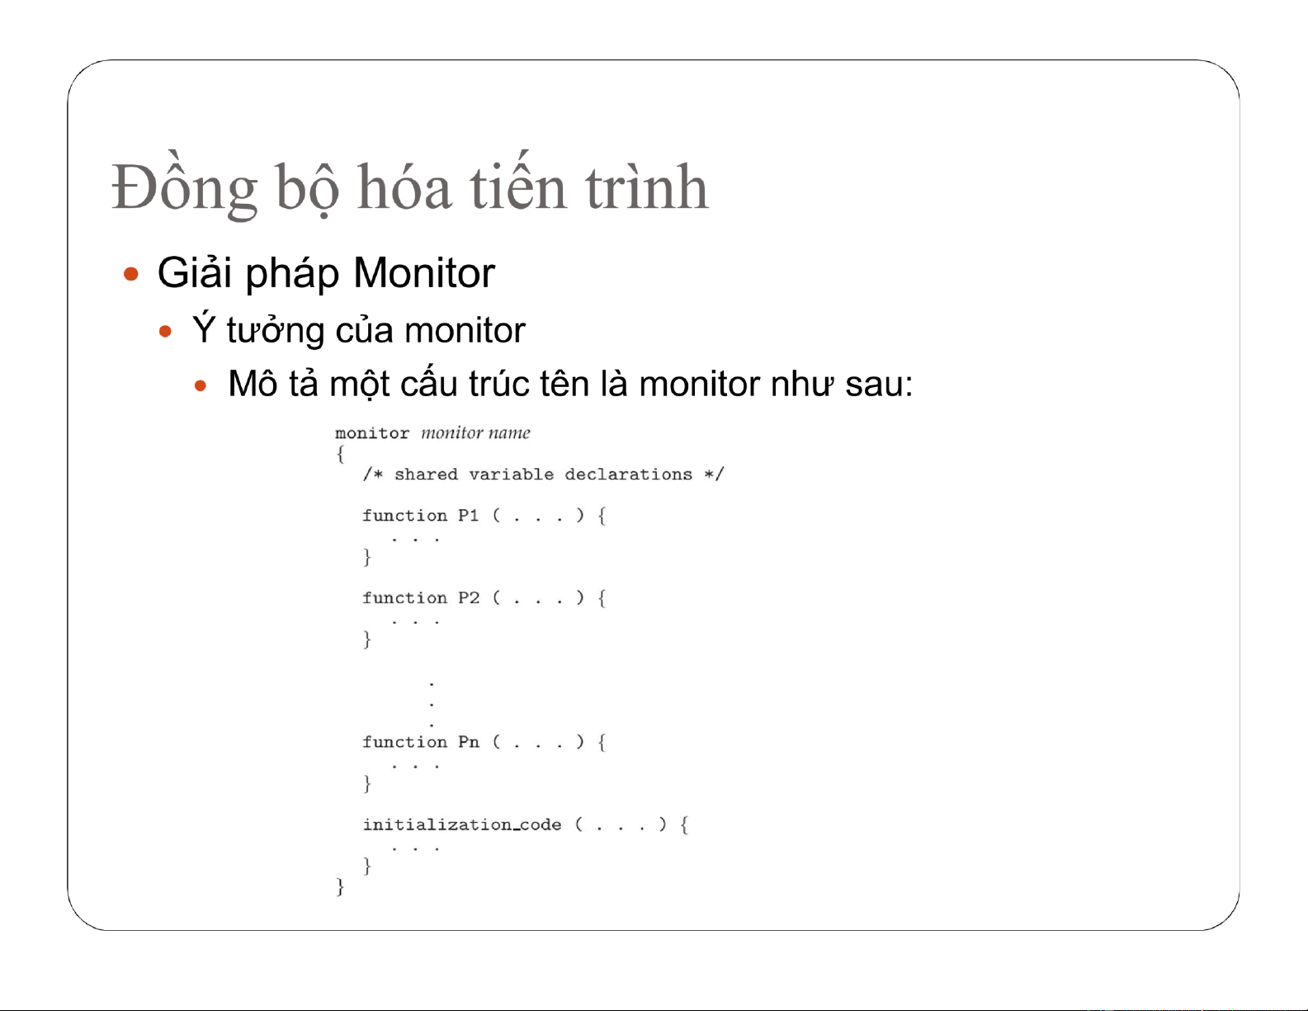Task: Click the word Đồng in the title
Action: coord(185,186)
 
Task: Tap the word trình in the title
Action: coord(647,186)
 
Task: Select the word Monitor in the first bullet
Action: coord(424,273)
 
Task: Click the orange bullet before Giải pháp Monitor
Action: coord(130,275)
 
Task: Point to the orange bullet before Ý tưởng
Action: coord(166,331)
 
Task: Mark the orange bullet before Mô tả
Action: coord(201,385)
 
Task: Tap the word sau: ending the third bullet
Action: coord(879,385)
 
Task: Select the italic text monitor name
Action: coord(475,432)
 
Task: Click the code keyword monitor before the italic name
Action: coord(372,433)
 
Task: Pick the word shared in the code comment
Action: coord(426,475)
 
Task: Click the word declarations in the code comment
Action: coord(629,475)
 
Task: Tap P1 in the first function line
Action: coord(468,516)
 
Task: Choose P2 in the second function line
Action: coord(468,598)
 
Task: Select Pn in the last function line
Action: coord(468,742)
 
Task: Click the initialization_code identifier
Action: coord(462,824)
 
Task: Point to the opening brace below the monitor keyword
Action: coord(341,454)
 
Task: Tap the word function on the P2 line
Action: coord(404,598)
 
